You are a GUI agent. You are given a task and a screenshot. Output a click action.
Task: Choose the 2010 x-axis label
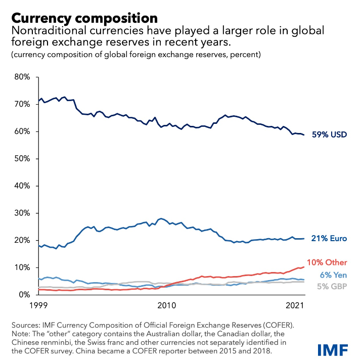pyautogui.click(x=166, y=305)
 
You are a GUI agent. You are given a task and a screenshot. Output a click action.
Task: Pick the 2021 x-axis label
pyautogui.click(x=294, y=305)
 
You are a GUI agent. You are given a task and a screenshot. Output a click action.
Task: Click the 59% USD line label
pyautogui.click(x=329, y=135)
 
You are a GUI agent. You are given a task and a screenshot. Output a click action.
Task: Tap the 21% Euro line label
pyautogui.click(x=329, y=238)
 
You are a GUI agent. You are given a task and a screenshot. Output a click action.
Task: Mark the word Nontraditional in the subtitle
pyautogui.click(x=42, y=31)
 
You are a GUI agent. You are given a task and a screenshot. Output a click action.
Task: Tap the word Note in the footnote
pyautogui.click(x=21, y=334)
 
